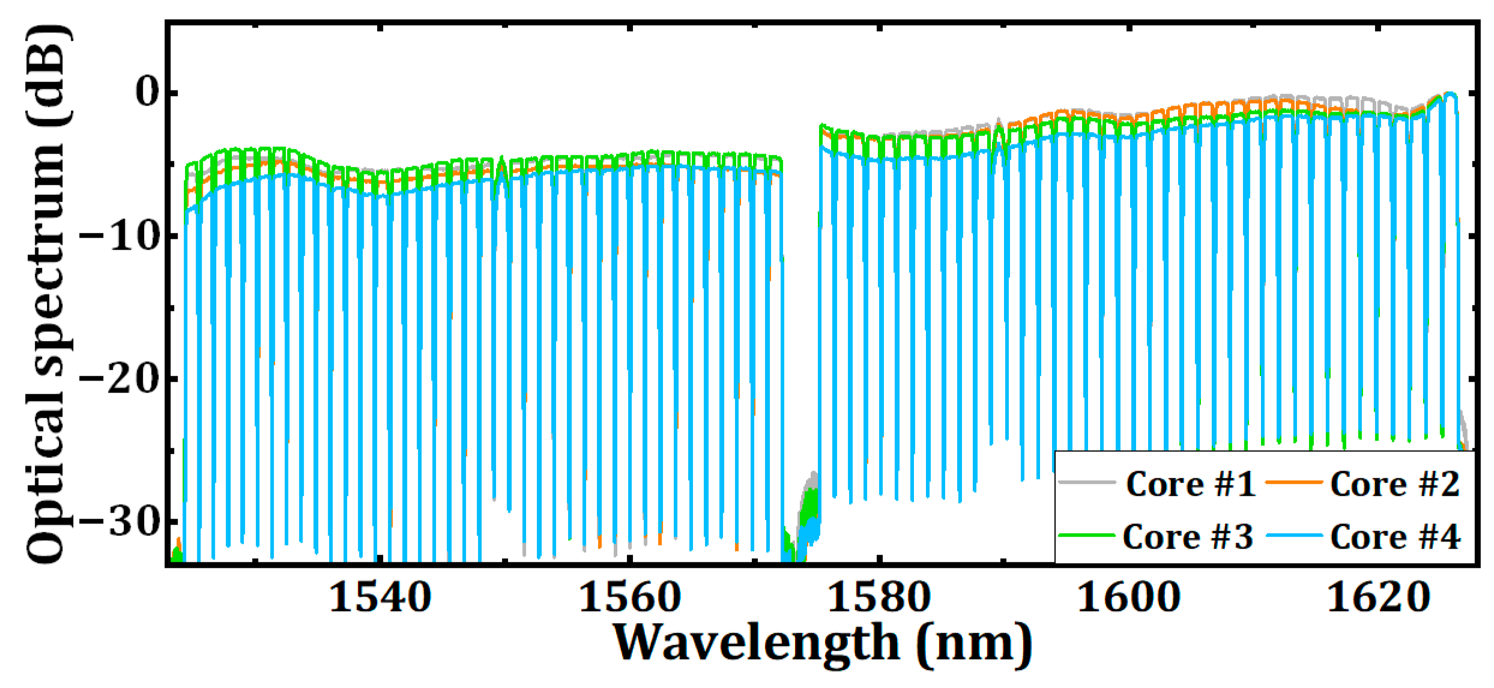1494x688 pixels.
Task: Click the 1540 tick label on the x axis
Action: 381,598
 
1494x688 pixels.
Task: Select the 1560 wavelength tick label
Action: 629,598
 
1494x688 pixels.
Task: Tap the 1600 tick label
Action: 1129,598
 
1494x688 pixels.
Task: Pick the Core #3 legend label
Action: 1188,537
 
